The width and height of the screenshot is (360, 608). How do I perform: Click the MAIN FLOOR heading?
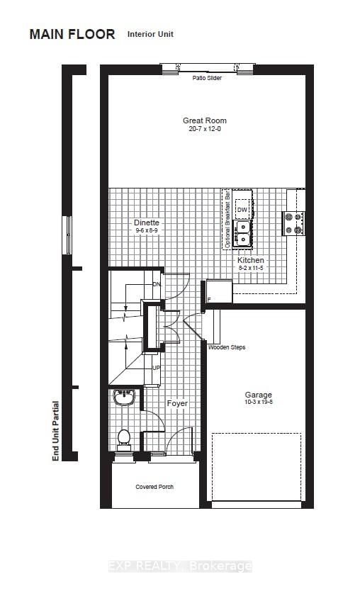pyautogui.click(x=72, y=35)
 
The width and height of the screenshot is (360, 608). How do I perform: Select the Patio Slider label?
pyautogui.click(x=207, y=78)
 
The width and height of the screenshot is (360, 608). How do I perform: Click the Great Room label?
pyautogui.click(x=204, y=120)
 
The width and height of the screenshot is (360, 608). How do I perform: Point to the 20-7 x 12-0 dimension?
pyautogui.click(x=204, y=129)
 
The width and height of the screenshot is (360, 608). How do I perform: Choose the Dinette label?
pyautogui.click(x=147, y=223)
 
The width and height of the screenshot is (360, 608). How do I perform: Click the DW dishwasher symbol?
pyautogui.click(x=242, y=210)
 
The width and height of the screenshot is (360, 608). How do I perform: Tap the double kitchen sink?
pyautogui.click(x=242, y=233)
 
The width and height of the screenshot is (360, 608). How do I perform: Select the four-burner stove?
pyautogui.click(x=293, y=223)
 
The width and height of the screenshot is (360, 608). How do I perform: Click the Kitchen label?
pyautogui.click(x=251, y=260)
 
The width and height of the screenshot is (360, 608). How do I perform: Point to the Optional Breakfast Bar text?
pyautogui.click(x=227, y=219)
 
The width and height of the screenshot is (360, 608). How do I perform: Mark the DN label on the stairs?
pyautogui.click(x=156, y=284)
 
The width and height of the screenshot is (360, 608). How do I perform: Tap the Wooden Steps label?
pyautogui.click(x=227, y=347)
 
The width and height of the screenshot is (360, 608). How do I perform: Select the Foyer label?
pyautogui.click(x=177, y=403)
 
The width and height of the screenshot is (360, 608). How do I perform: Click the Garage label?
pyautogui.click(x=259, y=395)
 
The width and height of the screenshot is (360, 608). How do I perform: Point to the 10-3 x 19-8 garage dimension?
pyautogui.click(x=259, y=402)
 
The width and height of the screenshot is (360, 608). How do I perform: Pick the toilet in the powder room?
pyautogui.click(x=124, y=439)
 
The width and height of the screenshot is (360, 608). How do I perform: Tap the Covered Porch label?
pyautogui.click(x=154, y=487)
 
